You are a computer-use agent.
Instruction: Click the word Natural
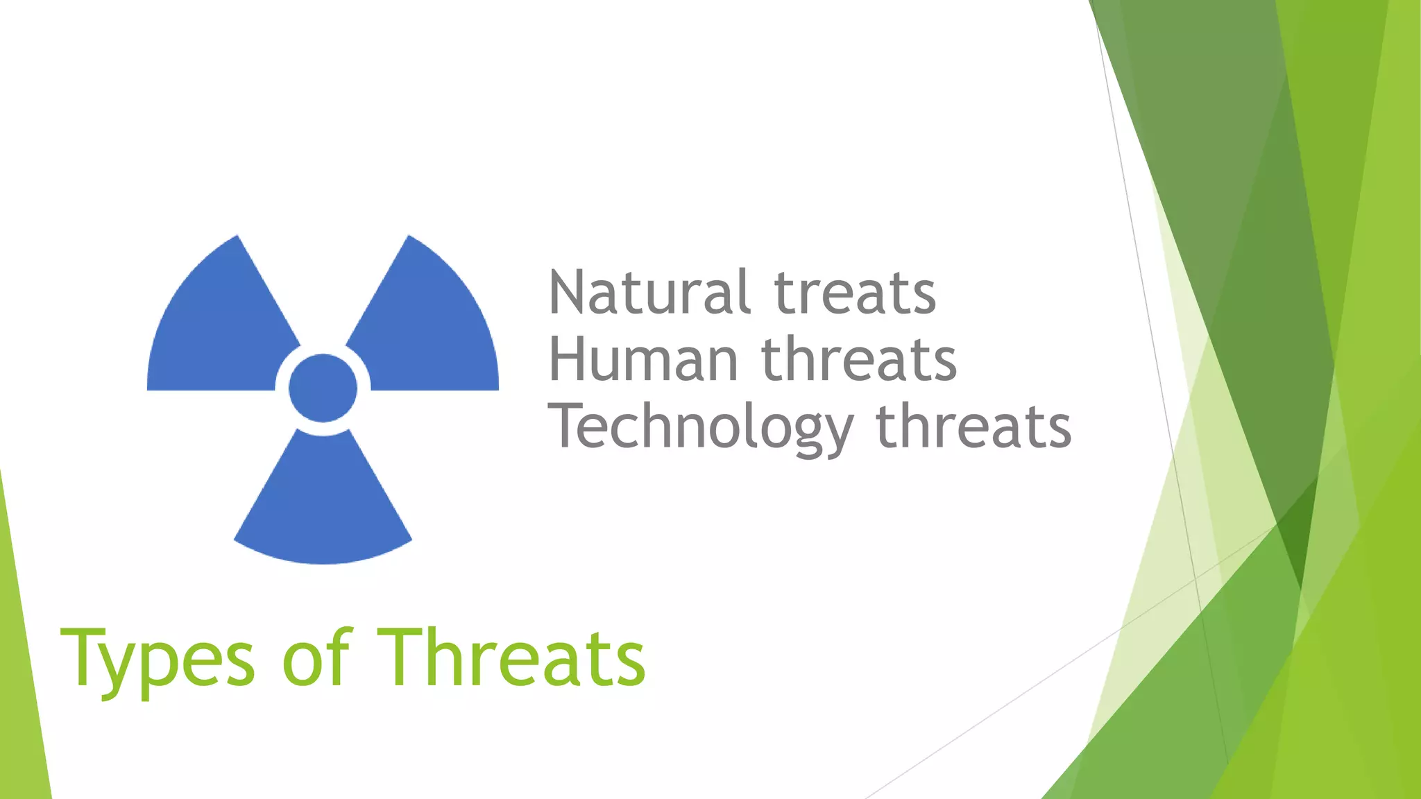click(x=649, y=293)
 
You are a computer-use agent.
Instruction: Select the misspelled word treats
click(x=855, y=293)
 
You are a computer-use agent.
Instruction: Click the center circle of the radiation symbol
click(x=323, y=388)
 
